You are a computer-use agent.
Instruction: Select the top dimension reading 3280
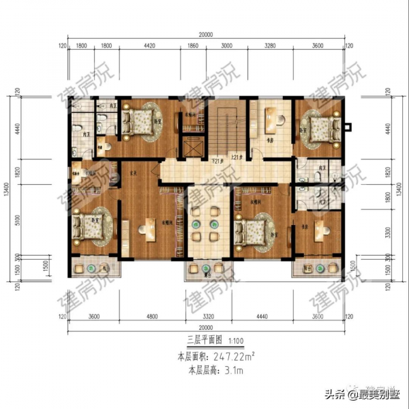pos(269,46)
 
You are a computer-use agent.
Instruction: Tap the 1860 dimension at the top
pos(192,46)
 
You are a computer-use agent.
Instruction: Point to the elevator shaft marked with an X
pos(193,148)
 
